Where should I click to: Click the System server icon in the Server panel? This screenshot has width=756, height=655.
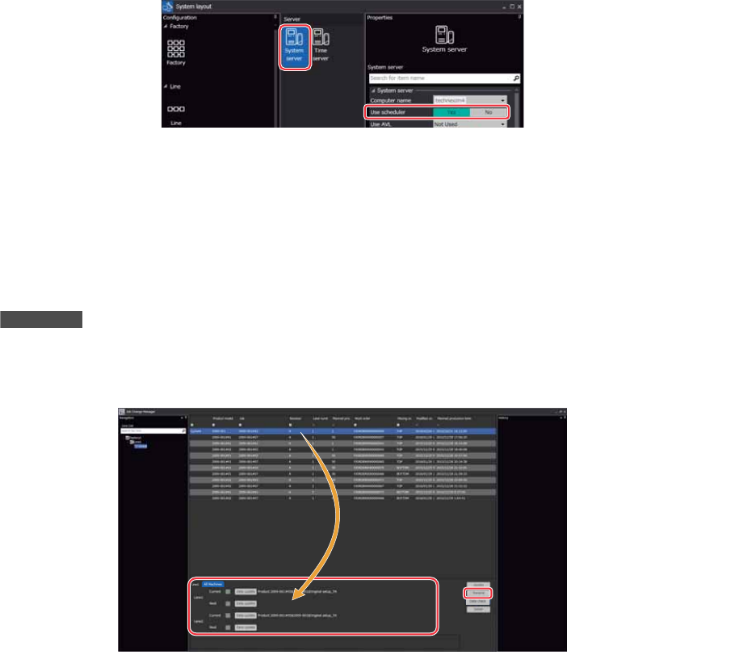(x=294, y=47)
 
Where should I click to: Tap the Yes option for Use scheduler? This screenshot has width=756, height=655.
(x=451, y=112)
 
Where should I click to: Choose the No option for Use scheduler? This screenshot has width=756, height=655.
(x=488, y=112)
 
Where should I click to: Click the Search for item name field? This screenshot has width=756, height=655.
(x=439, y=78)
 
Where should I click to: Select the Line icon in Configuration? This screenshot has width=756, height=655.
(x=176, y=109)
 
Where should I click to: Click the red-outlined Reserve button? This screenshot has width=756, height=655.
(x=477, y=592)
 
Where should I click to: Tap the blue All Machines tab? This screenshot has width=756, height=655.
(x=213, y=584)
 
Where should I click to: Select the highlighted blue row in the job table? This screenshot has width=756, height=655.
(x=339, y=431)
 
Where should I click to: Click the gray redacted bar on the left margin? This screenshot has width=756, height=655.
(x=41, y=319)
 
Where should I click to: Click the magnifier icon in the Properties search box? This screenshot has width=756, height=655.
(x=516, y=78)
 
